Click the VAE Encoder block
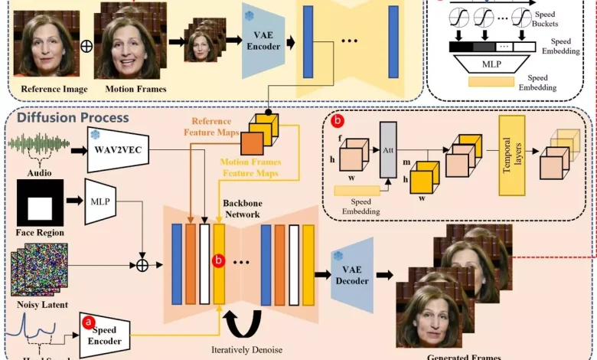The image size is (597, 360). pos(263,45)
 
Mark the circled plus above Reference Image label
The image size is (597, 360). pos(86,46)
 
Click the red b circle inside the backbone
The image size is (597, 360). pos(220,262)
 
